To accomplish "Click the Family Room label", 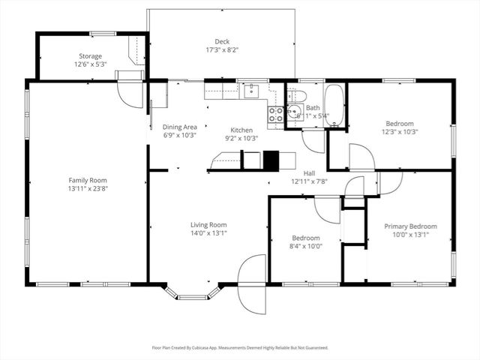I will pyautogui.click(x=88, y=180).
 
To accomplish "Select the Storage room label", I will pyautogui.click(x=91, y=56).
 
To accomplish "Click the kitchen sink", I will pyautogui.click(x=252, y=91).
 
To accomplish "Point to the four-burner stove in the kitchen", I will pyautogui.click(x=275, y=114).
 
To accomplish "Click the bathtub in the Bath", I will pyautogui.click(x=334, y=106).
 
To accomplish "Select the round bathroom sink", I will pyautogui.click(x=292, y=114).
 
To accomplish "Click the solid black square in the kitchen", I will pyautogui.click(x=270, y=160).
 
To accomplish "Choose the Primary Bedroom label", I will pyautogui.click(x=410, y=226).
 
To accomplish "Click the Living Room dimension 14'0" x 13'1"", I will pyautogui.click(x=208, y=233).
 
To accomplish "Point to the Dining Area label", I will pyautogui.click(x=179, y=127).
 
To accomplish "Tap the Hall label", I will pyautogui.click(x=309, y=172).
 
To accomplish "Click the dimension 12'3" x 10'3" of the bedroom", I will pyautogui.click(x=400, y=132).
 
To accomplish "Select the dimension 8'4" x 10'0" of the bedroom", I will pyautogui.click(x=307, y=244).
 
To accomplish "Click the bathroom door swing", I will pyautogui.click(x=313, y=141).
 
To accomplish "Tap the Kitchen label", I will pyautogui.click(x=241, y=130).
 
